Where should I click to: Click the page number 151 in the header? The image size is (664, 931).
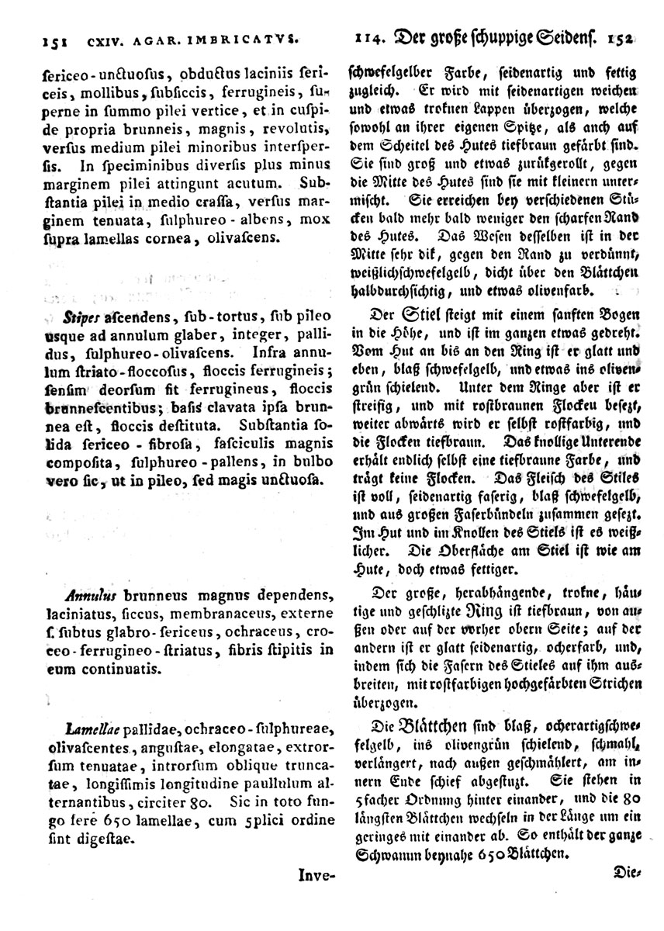(38, 36)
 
